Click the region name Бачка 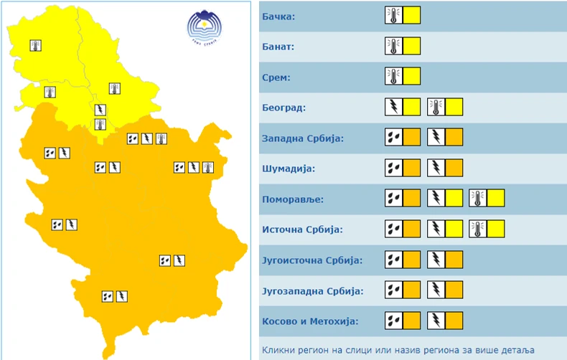point(279,16)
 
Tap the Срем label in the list point(277,77)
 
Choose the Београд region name point(284,108)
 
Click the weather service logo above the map point(202,26)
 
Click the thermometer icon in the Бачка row point(393,16)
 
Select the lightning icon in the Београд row point(393,108)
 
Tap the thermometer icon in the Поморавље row point(478,199)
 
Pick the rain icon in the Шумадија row point(393,169)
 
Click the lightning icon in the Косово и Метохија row point(436,321)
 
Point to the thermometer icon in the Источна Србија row point(478,229)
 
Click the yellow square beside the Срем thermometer point(411,77)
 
